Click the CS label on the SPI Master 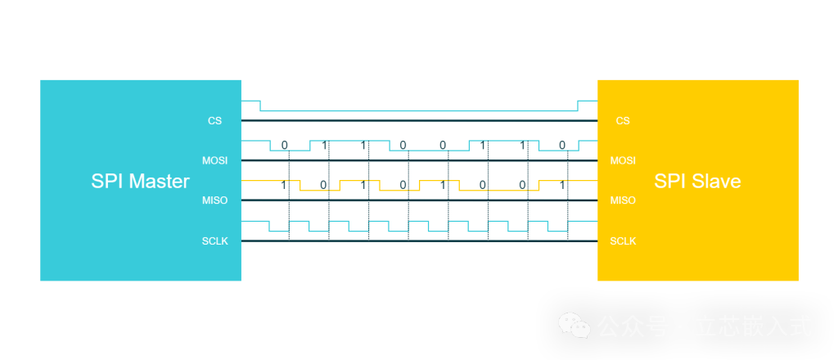(214, 121)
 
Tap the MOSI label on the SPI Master (215, 160)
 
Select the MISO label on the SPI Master (215, 200)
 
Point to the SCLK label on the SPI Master (215, 241)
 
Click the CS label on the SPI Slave (623, 121)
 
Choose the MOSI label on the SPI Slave (623, 160)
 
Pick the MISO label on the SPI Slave (623, 200)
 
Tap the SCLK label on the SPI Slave (623, 241)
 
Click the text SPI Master (140, 182)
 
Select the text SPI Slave (697, 182)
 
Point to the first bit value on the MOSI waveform (284, 146)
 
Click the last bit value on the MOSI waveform (562, 146)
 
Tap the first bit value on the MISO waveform (284, 185)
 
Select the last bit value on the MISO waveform (562, 185)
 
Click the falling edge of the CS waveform (260, 106)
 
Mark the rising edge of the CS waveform (578, 106)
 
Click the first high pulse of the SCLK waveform (255, 222)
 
